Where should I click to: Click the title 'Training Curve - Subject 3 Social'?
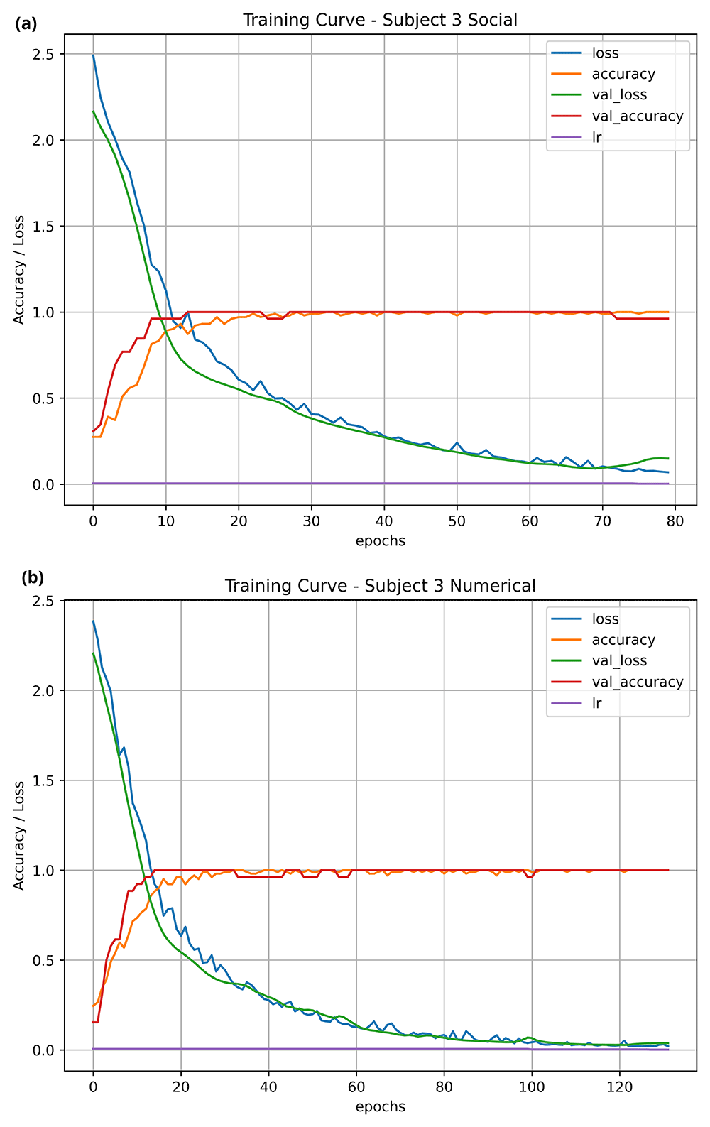pos(380,20)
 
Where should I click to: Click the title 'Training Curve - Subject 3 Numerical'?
pos(380,586)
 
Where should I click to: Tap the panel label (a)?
pos(26,24)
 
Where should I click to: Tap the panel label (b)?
pos(33,577)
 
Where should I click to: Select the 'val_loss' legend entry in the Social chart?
pos(619,95)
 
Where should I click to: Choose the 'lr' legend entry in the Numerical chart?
pos(596,703)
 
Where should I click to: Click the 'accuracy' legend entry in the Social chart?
pos(623,74)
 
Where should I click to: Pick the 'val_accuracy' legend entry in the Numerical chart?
pos(637,682)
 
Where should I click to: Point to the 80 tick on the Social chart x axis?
pos(675,521)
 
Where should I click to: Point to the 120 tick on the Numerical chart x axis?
pos(620,1087)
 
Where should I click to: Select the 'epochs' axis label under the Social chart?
pos(380,540)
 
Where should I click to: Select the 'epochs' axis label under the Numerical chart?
pos(380,1106)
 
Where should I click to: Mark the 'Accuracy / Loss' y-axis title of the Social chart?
pos(19,270)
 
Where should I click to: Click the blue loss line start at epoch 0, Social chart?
pos(93,55)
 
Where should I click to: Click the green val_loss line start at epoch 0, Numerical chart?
pos(93,653)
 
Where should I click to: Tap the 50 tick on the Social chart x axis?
pos(457,521)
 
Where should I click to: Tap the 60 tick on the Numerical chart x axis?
pos(356,1087)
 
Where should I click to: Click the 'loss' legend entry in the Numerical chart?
pos(605,619)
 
